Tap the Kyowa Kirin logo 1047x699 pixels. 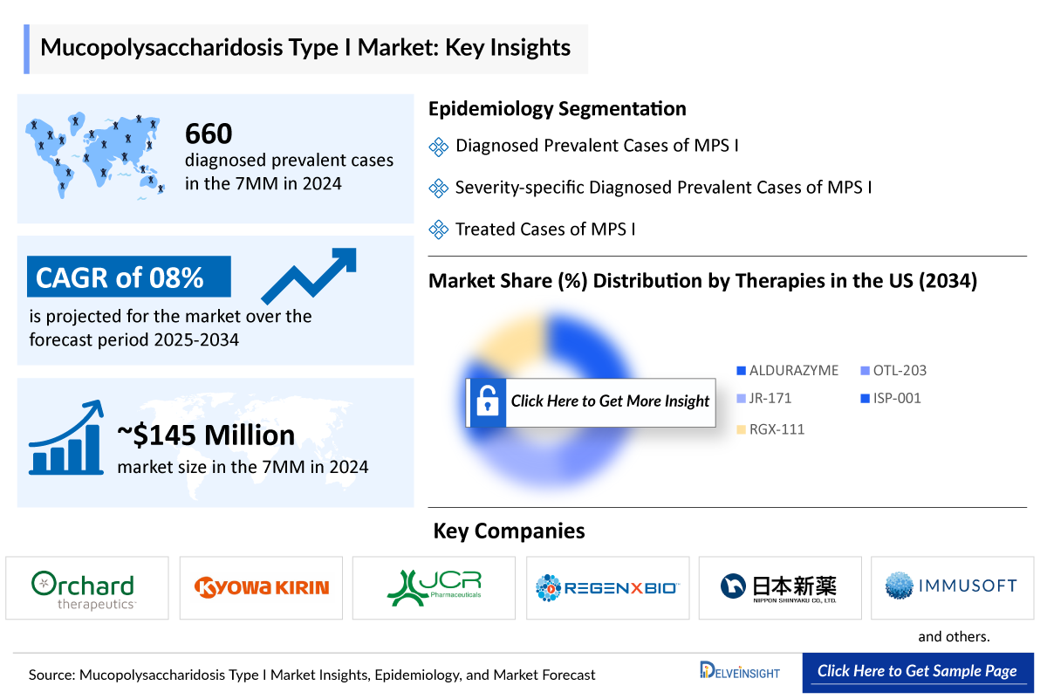tap(262, 586)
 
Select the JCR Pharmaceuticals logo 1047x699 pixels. tap(434, 587)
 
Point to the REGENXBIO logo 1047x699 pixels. tap(607, 587)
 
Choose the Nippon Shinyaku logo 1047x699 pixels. tap(779, 586)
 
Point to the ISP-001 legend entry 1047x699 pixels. tap(890, 398)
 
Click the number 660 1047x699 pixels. tap(209, 134)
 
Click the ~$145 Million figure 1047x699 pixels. tap(206, 435)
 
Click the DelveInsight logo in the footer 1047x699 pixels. tap(740, 671)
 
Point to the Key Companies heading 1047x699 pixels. tap(509, 531)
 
